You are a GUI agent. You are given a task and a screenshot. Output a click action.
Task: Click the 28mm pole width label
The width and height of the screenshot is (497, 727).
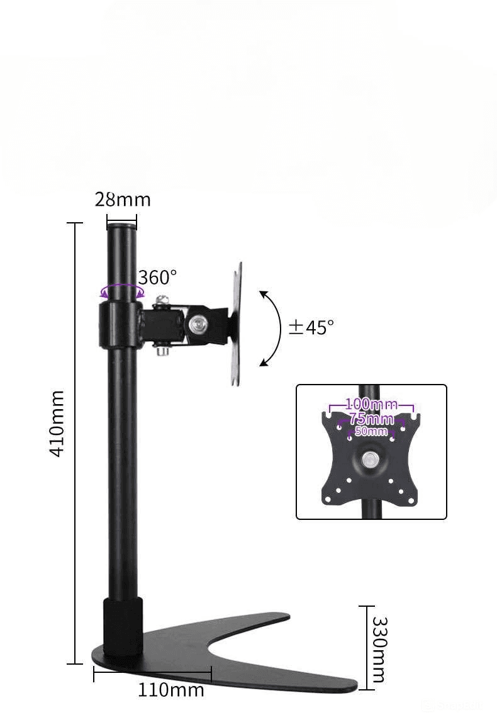tap(123, 200)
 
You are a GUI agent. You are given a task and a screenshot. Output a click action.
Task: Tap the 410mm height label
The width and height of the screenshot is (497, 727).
tap(57, 424)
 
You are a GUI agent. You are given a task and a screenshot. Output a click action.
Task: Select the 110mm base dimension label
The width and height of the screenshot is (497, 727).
tap(171, 690)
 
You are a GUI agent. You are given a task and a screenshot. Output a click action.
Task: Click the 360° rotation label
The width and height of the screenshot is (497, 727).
tap(158, 278)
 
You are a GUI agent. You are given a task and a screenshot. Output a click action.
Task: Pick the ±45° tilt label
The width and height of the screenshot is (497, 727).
tap(311, 327)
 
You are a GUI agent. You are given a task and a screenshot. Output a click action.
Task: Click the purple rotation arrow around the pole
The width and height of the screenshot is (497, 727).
tap(123, 291)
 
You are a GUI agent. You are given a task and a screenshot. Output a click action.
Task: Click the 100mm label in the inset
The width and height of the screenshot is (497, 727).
tap(371, 404)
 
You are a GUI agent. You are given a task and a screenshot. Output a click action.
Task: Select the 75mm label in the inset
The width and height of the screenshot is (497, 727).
tap(371, 419)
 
